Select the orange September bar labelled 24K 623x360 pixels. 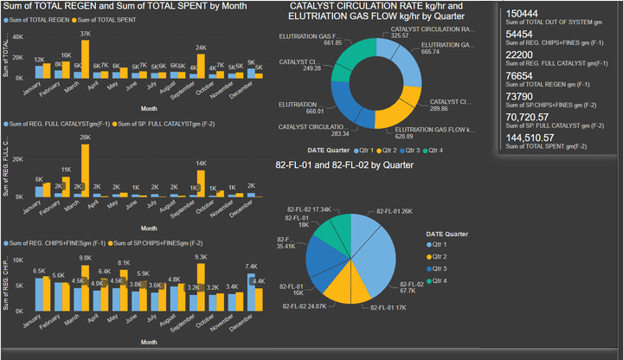click(x=201, y=65)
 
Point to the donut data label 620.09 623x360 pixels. click(x=433, y=137)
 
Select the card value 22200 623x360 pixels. click(x=519, y=55)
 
